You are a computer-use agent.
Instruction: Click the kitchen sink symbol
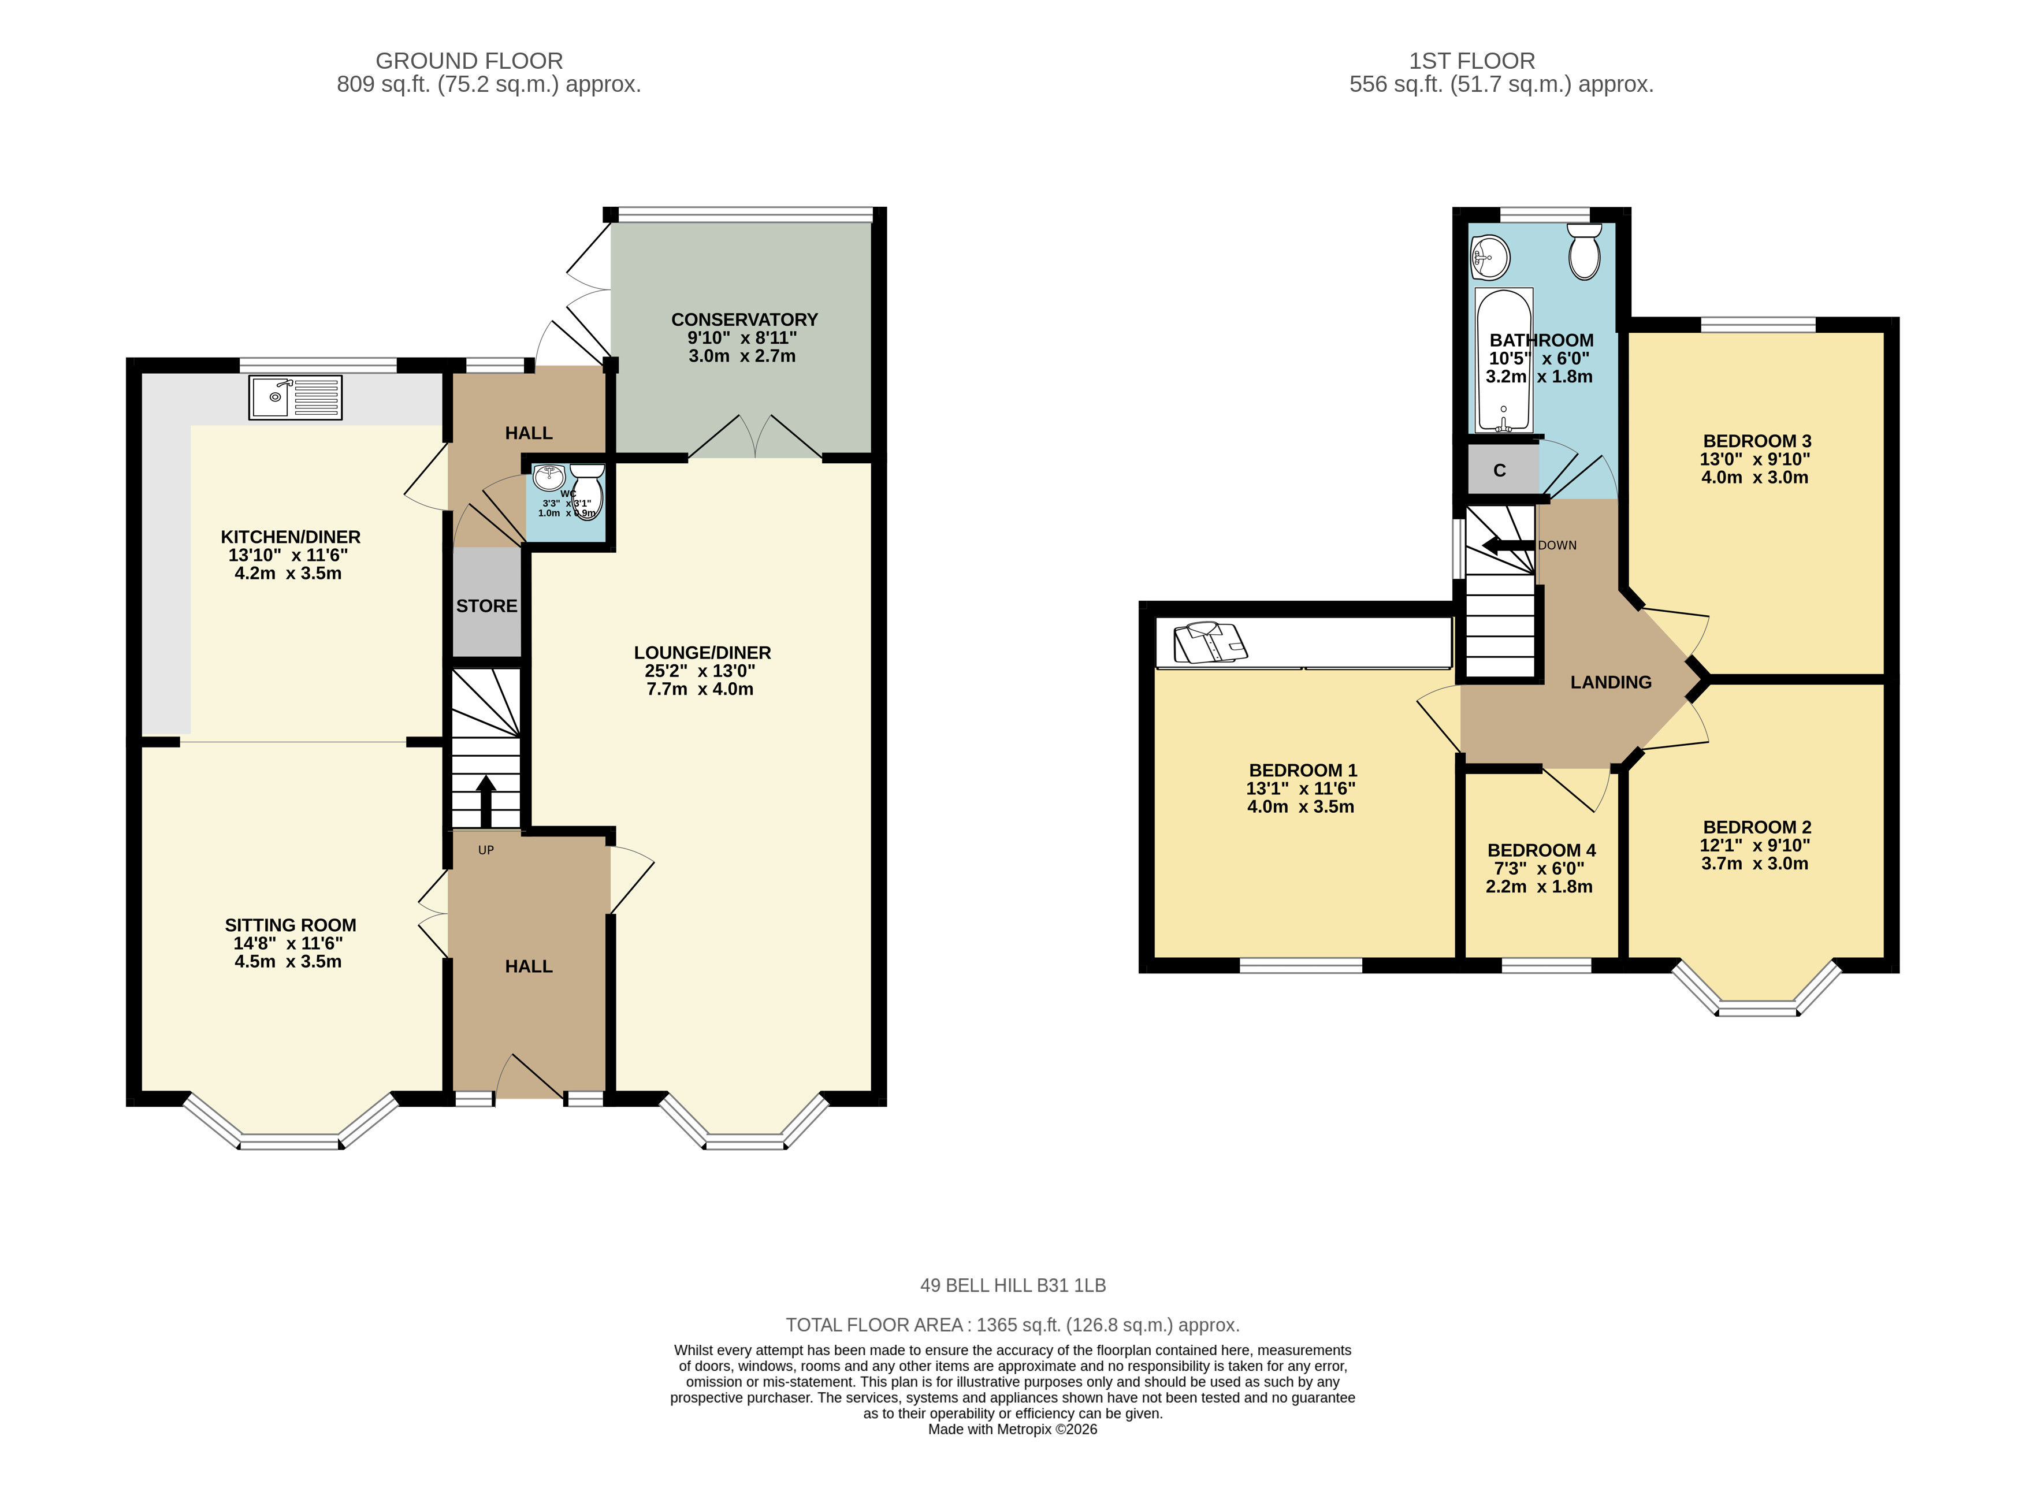(x=295, y=397)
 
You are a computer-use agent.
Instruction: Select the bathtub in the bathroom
(x=1503, y=361)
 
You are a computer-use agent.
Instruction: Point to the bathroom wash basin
(x=1489, y=256)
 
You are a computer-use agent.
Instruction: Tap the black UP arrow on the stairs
(x=485, y=801)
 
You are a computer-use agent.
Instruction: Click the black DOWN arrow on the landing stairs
(x=1508, y=546)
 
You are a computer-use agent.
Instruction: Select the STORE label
(x=487, y=606)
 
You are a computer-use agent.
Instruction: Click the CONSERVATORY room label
(x=745, y=320)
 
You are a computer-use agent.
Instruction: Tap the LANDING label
(x=1611, y=682)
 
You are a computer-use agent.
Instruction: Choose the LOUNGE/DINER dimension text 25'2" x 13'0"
(x=700, y=671)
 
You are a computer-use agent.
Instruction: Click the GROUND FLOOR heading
(x=469, y=61)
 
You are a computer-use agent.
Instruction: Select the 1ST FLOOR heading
(x=1471, y=61)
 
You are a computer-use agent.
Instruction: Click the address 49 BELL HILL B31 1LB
(x=1013, y=1285)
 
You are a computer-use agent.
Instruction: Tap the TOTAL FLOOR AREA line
(x=1013, y=1325)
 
